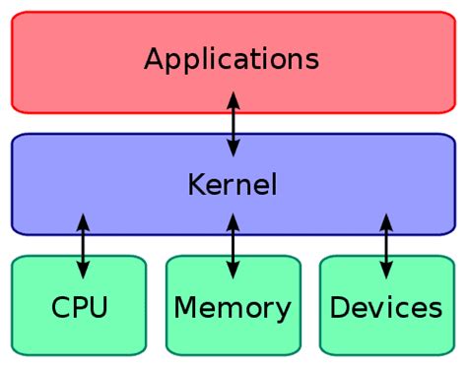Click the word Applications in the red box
232,59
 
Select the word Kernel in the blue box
232,184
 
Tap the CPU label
79,308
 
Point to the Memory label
233,308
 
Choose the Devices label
385,308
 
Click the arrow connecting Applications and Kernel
233,123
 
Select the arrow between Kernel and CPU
83,246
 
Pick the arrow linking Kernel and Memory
233,246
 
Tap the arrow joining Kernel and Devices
385,246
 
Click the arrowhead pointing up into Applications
233,99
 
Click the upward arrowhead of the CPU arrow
83,221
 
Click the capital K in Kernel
195,184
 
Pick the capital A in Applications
154,59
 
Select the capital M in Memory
184,308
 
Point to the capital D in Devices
339,308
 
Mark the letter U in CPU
98,308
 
